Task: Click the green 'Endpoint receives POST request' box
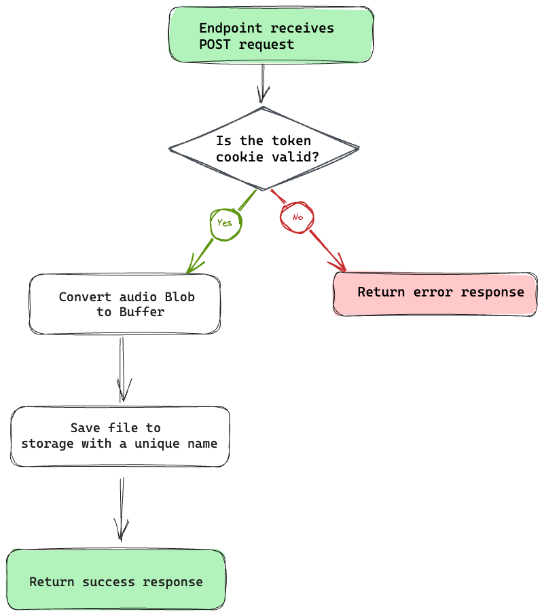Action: [270, 35]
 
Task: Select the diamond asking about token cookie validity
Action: [264, 149]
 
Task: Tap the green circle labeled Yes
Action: [225, 223]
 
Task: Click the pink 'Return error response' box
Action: [435, 293]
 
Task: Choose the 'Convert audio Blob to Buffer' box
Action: [125, 304]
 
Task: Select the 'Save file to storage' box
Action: [120, 436]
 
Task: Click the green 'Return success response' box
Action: [115, 581]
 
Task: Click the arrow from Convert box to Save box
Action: [122, 370]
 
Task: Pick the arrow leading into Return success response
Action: [122, 509]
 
